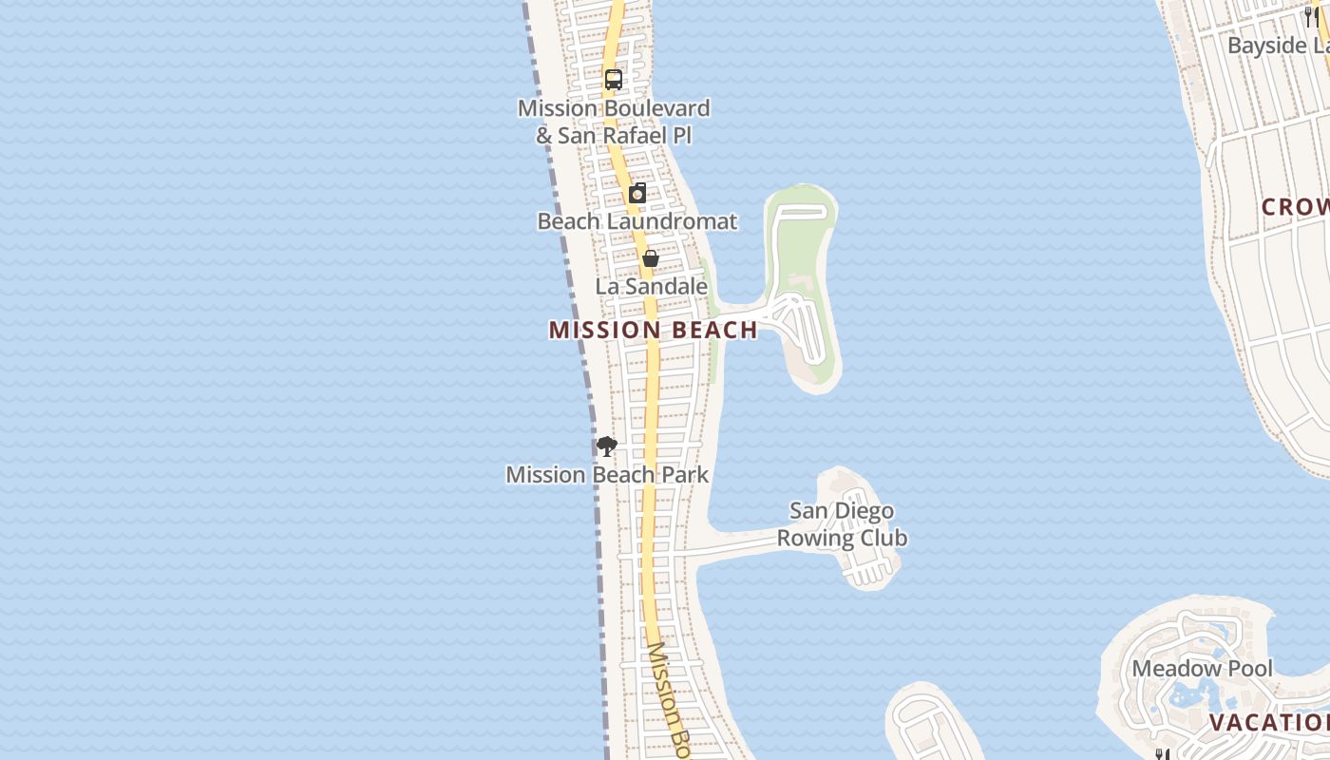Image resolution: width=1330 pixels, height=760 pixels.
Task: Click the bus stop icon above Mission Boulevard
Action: [614, 80]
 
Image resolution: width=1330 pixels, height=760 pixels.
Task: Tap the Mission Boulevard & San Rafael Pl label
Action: [614, 122]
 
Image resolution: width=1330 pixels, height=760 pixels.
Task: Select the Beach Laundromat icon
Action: [637, 193]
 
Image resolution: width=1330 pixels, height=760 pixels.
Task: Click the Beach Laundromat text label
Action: [636, 221]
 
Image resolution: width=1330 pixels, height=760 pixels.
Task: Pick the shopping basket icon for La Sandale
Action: [651, 257]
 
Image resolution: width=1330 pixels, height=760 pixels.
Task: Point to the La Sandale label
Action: [652, 286]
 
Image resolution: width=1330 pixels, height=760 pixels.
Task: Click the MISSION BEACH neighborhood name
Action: [653, 330]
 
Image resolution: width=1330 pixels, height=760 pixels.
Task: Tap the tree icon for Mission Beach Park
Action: [606, 446]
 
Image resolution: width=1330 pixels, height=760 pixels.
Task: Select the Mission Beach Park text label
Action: [607, 474]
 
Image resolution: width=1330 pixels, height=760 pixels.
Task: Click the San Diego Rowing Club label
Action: [842, 524]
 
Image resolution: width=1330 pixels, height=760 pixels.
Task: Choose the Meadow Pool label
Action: [1201, 668]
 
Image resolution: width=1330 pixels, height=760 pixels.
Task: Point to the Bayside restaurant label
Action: [1278, 46]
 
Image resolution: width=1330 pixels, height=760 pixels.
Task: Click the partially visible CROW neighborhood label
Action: [1295, 207]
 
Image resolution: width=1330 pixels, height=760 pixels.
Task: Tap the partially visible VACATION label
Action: [1268, 723]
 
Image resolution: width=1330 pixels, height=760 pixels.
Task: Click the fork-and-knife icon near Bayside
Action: [1311, 16]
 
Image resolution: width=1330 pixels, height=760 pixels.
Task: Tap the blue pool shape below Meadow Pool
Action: [1187, 697]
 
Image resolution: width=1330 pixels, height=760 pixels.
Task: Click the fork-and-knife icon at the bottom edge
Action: [1161, 754]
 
